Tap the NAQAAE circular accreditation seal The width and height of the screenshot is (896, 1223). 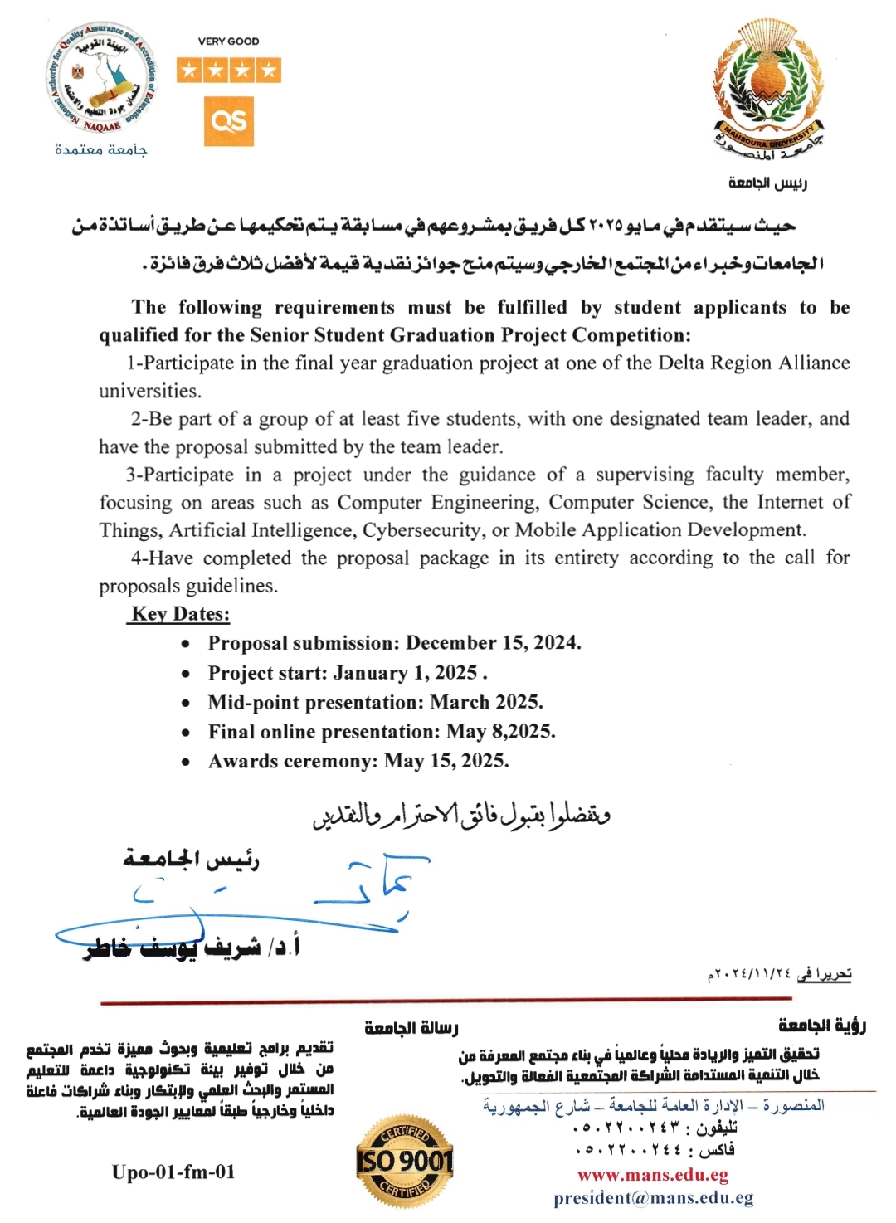click(102, 80)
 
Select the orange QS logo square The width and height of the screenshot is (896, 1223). click(229, 121)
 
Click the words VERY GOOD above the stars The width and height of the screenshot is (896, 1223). click(228, 41)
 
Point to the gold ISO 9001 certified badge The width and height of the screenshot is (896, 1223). click(405, 1159)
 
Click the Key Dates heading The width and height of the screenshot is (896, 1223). click(180, 614)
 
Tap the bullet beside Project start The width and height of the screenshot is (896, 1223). click(186, 674)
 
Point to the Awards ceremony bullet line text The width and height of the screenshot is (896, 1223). click(358, 761)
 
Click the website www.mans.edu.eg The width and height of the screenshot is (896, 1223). click(653, 1175)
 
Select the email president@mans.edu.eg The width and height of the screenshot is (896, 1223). click(654, 1198)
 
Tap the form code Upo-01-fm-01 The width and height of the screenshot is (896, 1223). click(173, 1172)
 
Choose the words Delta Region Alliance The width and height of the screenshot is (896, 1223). click(754, 363)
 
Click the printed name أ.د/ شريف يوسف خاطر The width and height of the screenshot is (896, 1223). click(192, 947)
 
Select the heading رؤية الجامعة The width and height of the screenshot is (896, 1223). click(821, 1026)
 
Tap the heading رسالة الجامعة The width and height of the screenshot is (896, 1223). click(411, 1028)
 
